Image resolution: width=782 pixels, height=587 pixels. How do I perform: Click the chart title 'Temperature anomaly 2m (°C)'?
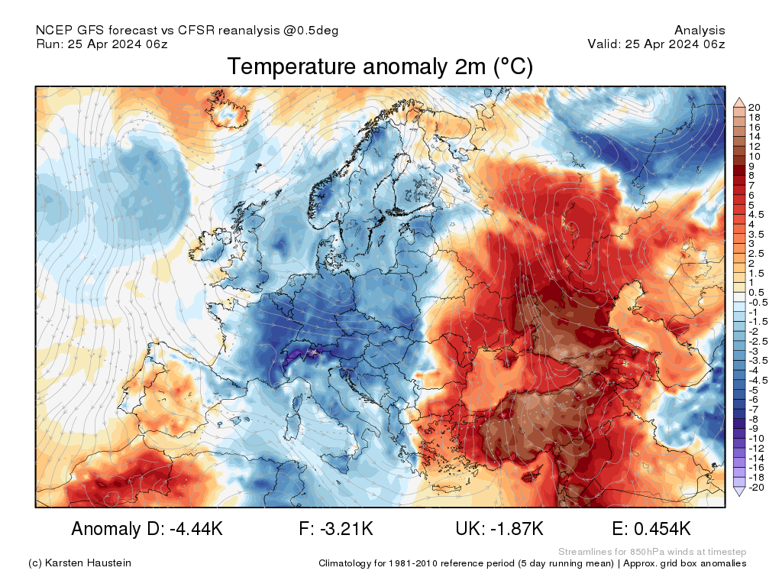pyautogui.click(x=380, y=67)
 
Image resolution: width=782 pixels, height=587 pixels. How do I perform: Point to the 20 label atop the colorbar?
pyautogui.click(x=755, y=107)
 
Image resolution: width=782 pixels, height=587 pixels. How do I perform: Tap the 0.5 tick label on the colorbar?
pyautogui.click(x=756, y=293)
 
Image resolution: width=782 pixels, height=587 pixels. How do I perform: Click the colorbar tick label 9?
pyautogui.click(x=751, y=166)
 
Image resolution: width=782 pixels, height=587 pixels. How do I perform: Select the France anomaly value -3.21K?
pyautogui.click(x=336, y=529)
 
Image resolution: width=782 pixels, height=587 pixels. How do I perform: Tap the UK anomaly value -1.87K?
pyautogui.click(x=499, y=529)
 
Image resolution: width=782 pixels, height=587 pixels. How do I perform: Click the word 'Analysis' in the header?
pyautogui.click(x=700, y=31)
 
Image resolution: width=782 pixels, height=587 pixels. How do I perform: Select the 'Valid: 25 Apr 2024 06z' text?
pyautogui.click(x=656, y=44)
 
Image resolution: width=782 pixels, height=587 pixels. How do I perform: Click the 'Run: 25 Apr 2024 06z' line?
pyautogui.click(x=102, y=44)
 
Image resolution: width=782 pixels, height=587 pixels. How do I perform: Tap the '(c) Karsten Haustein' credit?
pyautogui.click(x=79, y=563)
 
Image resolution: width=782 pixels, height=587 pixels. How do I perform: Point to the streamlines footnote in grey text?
pyautogui.click(x=652, y=552)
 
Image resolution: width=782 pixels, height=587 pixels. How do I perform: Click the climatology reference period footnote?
pyautogui.click(x=532, y=563)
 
